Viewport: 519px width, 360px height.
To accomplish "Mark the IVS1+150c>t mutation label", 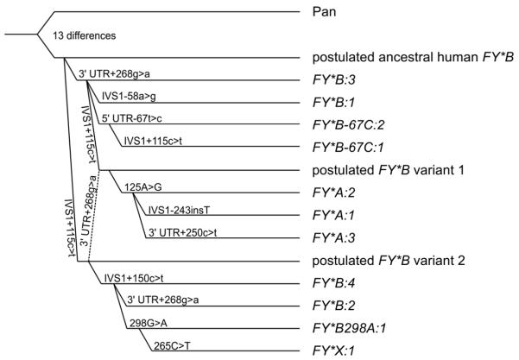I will tap(134, 276).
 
